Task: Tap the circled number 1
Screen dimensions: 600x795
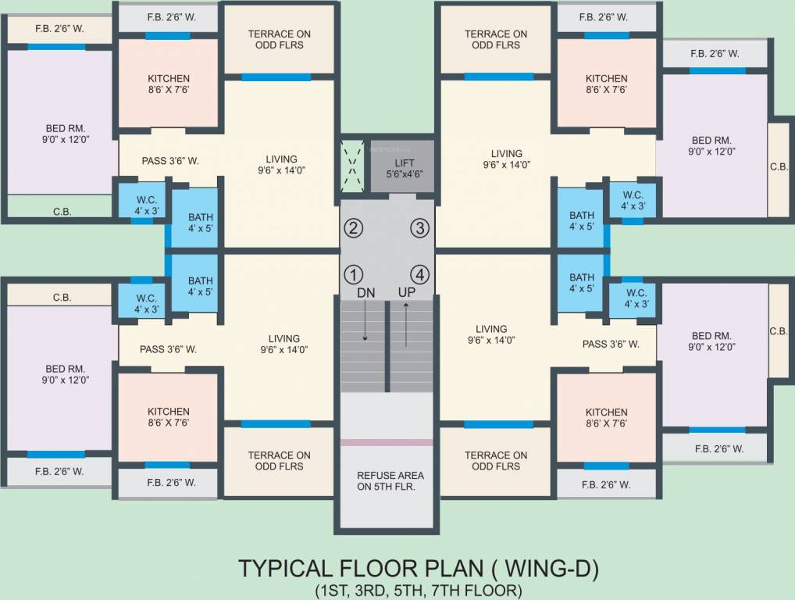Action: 355,275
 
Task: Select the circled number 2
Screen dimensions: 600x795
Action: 355,228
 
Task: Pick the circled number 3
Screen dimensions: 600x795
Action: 420,228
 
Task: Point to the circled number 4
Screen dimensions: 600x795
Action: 420,275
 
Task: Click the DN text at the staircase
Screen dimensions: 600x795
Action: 366,292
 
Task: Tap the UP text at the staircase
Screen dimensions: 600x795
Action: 407,292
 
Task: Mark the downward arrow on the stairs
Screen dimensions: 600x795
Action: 365,324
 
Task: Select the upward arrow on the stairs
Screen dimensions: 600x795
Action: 406,324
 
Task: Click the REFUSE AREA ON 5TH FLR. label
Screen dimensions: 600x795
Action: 390,481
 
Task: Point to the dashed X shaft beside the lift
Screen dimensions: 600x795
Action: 353,165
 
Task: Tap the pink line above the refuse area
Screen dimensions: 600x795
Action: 387,443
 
